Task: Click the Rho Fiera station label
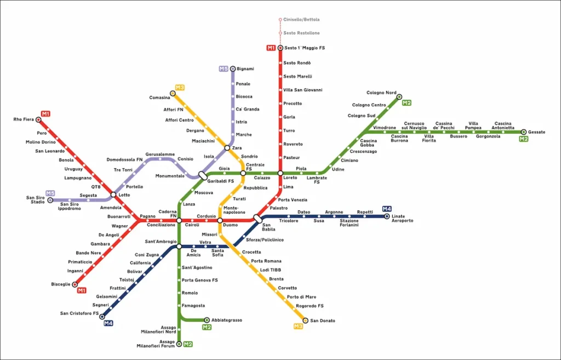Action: click(24, 119)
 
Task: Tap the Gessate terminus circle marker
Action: click(524, 132)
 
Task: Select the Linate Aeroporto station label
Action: click(402, 218)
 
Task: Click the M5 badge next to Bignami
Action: click(224, 69)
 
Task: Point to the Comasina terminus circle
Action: click(173, 94)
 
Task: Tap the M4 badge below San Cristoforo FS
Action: click(108, 323)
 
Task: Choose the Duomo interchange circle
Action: click(220, 221)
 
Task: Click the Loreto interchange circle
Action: click(280, 173)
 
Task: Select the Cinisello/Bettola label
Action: click(301, 20)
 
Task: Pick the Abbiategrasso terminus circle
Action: click(207, 320)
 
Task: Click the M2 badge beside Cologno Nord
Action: click(407, 102)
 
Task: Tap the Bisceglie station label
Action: click(60, 284)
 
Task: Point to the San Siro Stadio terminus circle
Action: click(50, 201)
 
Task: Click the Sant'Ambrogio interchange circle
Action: click(179, 247)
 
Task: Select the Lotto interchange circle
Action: click(113, 195)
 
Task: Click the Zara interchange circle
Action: click(227, 148)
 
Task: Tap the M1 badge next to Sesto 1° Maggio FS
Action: click(271, 48)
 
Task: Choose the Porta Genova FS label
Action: click(200, 280)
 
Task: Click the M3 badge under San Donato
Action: click(298, 327)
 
